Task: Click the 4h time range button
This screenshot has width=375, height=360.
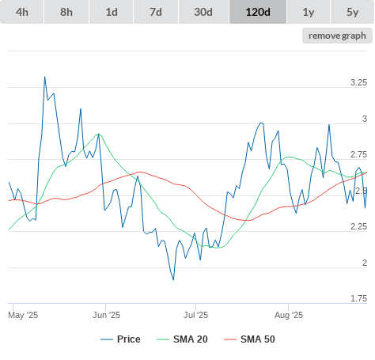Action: (22, 12)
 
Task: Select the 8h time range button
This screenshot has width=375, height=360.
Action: (66, 12)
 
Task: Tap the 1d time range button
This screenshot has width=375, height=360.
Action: (112, 12)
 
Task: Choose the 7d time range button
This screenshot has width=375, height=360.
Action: (156, 12)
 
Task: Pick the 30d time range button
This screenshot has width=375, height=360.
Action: (203, 12)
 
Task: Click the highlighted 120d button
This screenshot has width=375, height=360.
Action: (258, 12)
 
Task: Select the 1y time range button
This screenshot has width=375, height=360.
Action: (309, 12)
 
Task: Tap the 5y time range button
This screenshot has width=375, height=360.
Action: (353, 12)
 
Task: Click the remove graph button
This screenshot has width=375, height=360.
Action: (337, 36)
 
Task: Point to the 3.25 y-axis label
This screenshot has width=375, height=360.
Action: (358, 82)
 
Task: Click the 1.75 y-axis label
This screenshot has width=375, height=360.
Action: (358, 298)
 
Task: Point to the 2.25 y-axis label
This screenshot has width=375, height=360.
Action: (358, 226)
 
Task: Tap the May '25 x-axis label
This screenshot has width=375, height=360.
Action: (23, 315)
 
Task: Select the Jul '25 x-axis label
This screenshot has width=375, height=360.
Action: (196, 315)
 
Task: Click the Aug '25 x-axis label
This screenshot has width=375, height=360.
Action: (289, 315)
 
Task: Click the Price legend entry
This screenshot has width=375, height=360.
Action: (120, 339)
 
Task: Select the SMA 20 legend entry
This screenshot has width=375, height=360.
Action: (182, 339)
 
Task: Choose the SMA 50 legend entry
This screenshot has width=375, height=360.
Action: (249, 339)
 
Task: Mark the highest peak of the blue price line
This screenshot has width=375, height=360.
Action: (44, 77)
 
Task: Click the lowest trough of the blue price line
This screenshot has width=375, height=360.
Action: (173, 279)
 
